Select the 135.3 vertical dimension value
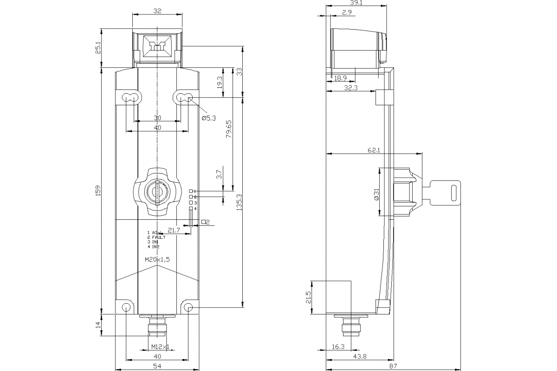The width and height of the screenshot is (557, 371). pyautogui.click(x=239, y=203)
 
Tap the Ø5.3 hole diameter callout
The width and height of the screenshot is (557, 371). pyautogui.click(x=209, y=118)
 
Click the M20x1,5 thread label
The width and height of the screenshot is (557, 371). pyautogui.click(x=157, y=260)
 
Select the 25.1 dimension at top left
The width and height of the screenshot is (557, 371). pyautogui.click(x=98, y=49)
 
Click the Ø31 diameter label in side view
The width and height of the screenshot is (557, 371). pyautogui.click(x=376, y=193)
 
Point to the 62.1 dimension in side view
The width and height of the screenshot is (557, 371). pyautogui.click(x=374, y=150)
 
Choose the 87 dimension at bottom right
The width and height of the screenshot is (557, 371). pyautogui.click(x=393, y=366)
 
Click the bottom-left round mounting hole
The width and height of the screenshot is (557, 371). pyautogui.click(x=126, y=307)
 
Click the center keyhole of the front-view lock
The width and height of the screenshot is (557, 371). pyautogui.click(x=157, y=192)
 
